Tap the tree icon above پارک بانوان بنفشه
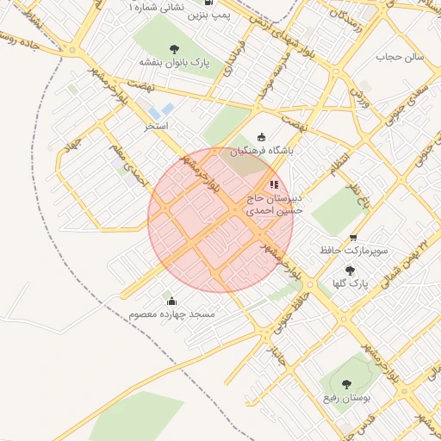[x=175, y=48]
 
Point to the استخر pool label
[x=156, y=126]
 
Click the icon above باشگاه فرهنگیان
[x=262, y=137]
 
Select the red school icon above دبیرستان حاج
[x=274, y=184]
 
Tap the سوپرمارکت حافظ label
[x=353, y=251]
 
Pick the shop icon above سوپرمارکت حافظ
[x=353, y=238]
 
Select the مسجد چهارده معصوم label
[x=171, y=314]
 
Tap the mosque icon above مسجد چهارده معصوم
[x=171, y=301]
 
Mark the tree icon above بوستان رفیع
[x=346, y=385]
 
